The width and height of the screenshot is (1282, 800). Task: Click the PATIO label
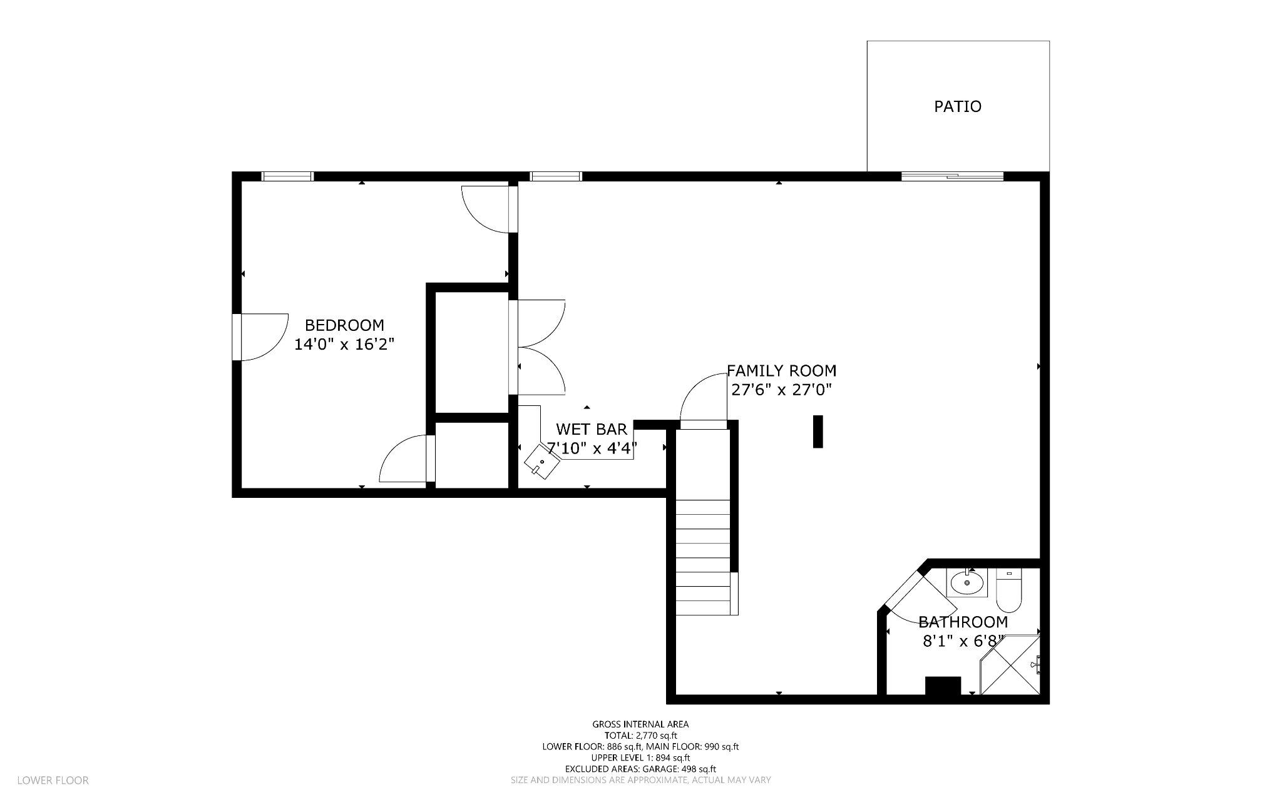[957, 106]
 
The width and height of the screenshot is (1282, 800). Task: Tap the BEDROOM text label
[344, 325]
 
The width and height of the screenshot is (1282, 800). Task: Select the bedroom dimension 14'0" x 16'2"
[344, 344]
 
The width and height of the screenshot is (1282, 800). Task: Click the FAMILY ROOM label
[781, 371]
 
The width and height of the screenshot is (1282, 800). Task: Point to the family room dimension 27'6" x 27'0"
[781, 390]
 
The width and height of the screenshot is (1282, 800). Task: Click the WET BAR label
[592, 429]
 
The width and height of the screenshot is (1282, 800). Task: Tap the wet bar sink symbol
[541, 462]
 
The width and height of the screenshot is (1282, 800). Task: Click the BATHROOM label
[963, 622]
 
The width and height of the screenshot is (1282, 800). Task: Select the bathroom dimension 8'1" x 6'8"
[963, 641]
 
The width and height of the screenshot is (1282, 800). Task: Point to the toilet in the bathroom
[1008, 591]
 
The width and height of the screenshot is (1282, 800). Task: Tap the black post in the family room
[818, 432]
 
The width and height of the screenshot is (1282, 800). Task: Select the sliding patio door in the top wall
[952, 176]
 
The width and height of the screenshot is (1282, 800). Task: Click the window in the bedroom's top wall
[287, 176]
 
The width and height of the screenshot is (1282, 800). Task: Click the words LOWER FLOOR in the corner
[53, 781]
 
